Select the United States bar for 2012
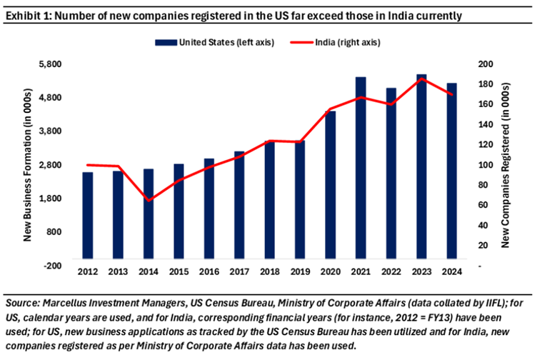pyautogui.click(x=87, y=214)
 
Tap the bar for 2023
pyautogui.click(x=421, y=166)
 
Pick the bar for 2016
pyautogui.click(x=209, y=208)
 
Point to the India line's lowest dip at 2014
pyautogui.click(x=149, y=200)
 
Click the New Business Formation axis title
pyautogui.click(x=28, y=164)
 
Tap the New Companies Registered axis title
pyautogui.click(x=505, y=164)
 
